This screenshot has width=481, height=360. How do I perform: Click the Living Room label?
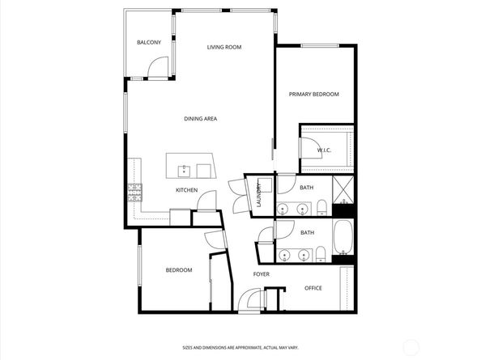tap(224, 47)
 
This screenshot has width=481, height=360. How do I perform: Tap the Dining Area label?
tap(200, 119)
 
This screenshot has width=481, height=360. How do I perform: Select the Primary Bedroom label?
tap(314, 95)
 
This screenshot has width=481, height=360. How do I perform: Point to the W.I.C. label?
tap(324, 150)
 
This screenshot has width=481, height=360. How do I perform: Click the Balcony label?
tap(149, 42)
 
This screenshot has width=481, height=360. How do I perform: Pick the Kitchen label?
tap(186, 190)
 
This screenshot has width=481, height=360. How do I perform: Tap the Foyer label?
tap(262, 274)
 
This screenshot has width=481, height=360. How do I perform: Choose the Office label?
tap(313, 288)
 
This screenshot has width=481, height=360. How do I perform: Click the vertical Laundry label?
tap(258, 194)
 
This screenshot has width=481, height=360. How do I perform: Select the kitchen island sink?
tap(184, 171)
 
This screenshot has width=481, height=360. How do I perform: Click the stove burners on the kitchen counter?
tap(135, 193)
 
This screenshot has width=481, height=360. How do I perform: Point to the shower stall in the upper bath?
tap(343, 189)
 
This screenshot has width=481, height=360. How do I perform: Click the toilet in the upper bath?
tap(321, 207)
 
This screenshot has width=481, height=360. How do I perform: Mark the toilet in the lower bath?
tap(321, 254)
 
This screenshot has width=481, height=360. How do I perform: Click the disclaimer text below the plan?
tap(240, 348)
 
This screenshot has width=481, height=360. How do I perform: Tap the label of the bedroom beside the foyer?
tap(179, 270)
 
